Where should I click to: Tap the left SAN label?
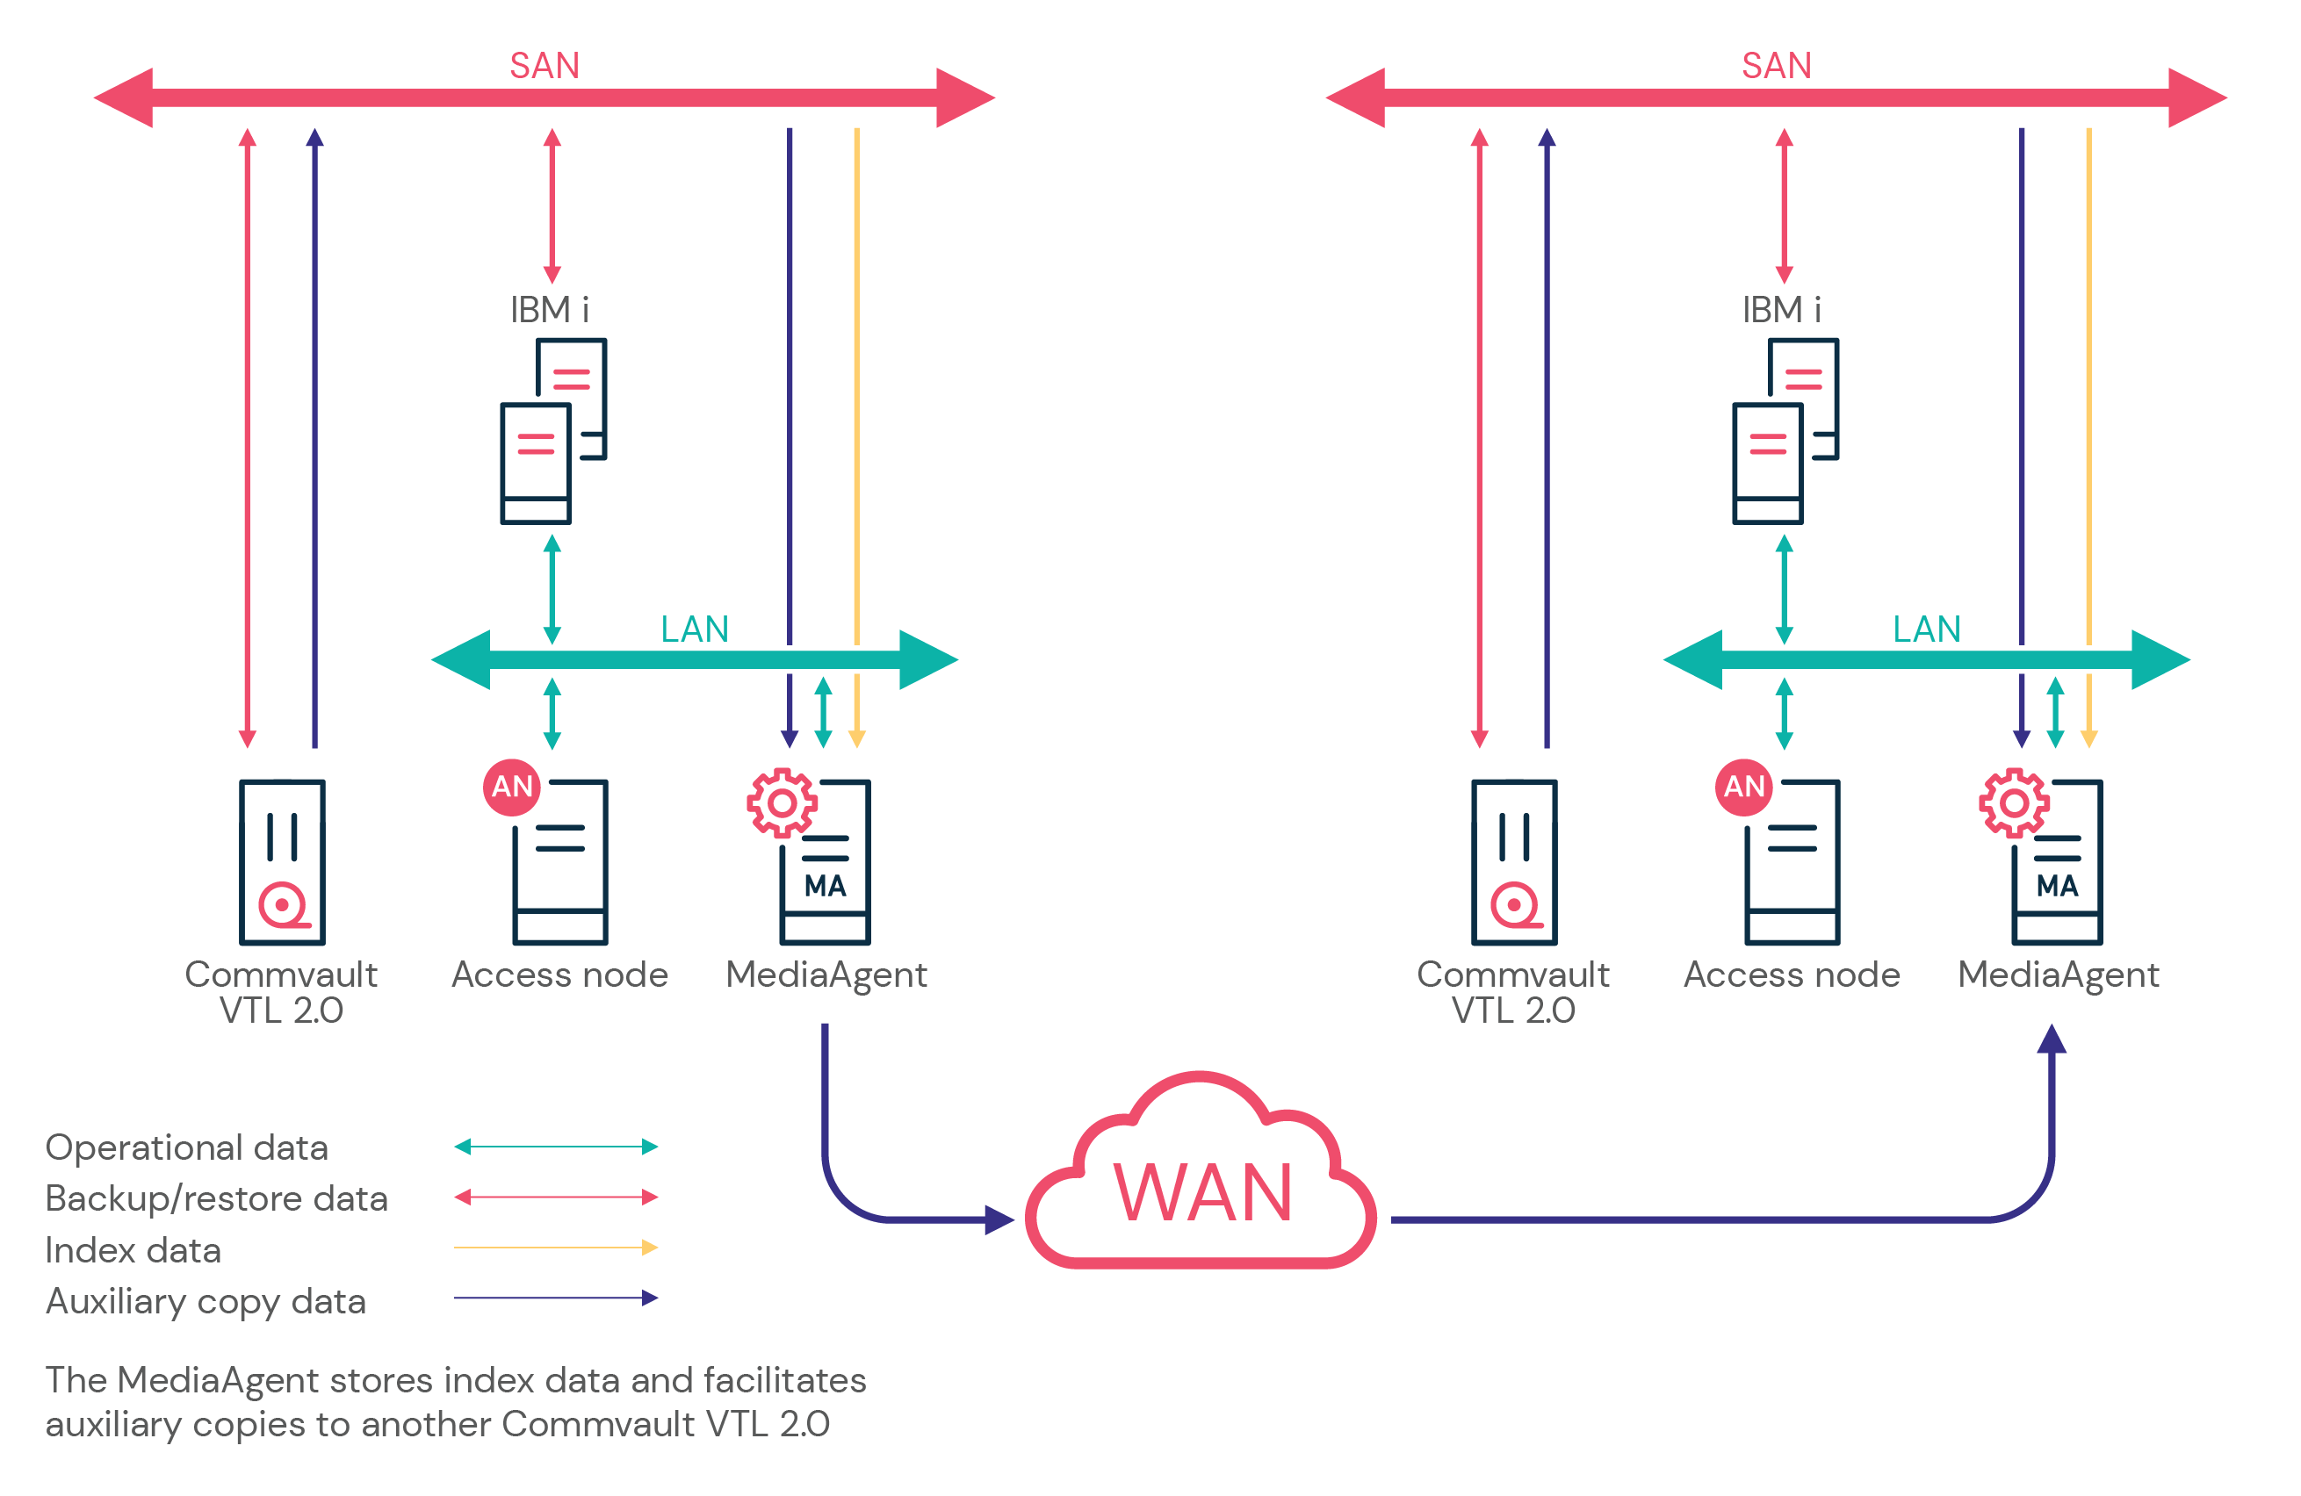pyautogui.click(x=545, y=66)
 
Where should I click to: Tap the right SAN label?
pyautogui.click(x=1776, y=66)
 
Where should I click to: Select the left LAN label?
pyautogui.click(x=694, y=629)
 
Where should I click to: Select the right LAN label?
pyautogui.click(x=1926, y=629)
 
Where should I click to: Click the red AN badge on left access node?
pyautogui.click(x=511, y=787)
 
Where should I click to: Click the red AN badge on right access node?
pyautogui.click(x=1744, y=787)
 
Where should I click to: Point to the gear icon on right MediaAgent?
pyautogui.click(x=2014, y=802)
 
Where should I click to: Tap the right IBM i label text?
pyautogui.click(x=1781, y=310)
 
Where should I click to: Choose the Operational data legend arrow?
pyautogui.click(x=556, y=1147)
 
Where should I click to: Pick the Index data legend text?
pyautogui.click(x=133, y=1250)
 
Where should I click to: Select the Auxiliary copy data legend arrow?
pyautogui.click(x=556, y=1298)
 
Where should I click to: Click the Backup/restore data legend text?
pyautogui.click(x=217, y=1198)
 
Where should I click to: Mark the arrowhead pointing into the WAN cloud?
pyautogui.click(x=999, y=1219)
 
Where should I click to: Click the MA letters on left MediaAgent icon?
pyautogui.click(x=825, y=886)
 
